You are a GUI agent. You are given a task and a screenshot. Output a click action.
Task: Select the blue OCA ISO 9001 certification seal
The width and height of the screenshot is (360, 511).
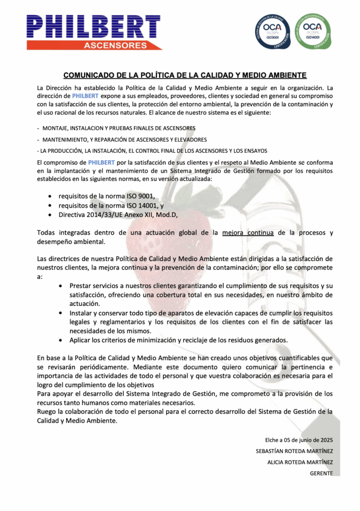click(x=272, y=31)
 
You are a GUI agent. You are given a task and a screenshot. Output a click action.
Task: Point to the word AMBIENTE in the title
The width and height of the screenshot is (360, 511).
click(x=281, y=75)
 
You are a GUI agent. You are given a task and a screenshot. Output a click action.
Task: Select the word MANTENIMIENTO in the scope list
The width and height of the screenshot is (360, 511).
click(x=64, y=139)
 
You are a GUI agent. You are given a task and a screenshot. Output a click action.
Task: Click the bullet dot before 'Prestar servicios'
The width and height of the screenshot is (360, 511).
click(x=60, y=286)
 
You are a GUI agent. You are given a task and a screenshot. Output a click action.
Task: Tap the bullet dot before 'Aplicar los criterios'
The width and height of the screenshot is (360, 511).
click(x=60, y=340)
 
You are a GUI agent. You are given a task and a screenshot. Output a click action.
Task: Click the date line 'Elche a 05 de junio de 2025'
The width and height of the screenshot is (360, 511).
click(x=299, y=440)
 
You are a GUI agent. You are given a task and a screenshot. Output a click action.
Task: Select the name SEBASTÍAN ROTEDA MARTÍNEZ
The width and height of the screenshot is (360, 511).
click(x=294, y=451)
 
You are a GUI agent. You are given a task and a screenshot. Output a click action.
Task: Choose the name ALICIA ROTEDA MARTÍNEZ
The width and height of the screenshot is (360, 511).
click(x=300, y=462)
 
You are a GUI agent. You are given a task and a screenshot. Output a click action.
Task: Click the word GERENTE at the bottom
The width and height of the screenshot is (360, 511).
click(x=321, y=473)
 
